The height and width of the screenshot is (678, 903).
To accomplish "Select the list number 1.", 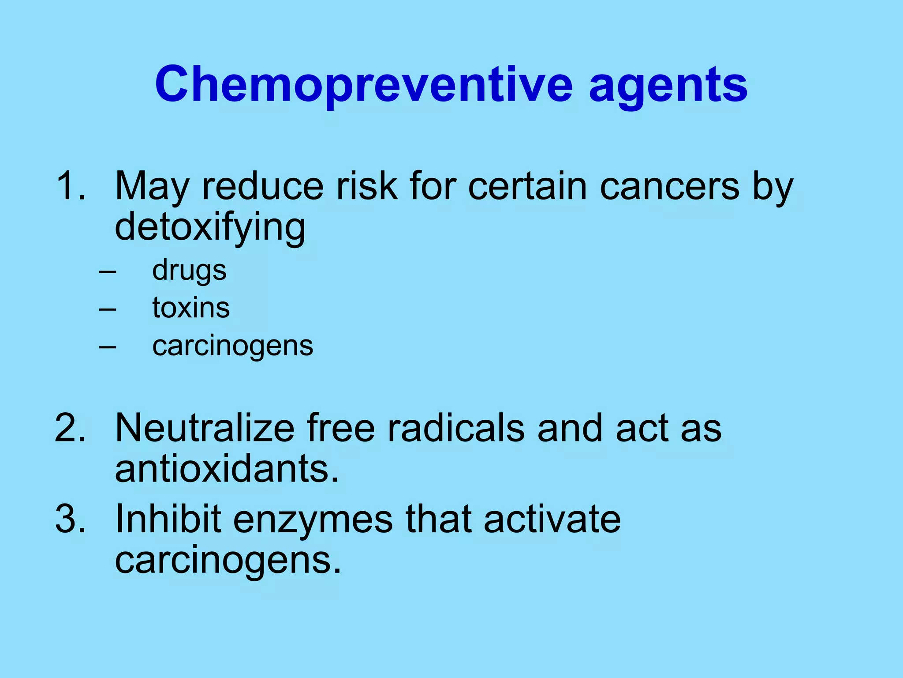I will pyautogui.click(x=70, y=186).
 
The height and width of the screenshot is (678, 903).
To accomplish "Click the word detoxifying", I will pyautogui.click(x=210, y=228).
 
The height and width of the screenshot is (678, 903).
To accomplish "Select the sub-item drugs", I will pyautogui.click(x=189, y=270).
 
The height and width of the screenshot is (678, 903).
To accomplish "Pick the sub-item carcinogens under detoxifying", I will pyautogui.click(x=232, y=346).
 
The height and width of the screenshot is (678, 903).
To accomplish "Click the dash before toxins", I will pyautogui.click(x=108, y=309).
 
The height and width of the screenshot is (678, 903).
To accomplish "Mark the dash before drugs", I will pyautogui.click(x=108, y=271).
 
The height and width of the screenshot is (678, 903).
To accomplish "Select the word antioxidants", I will pyautogui.click(x=226, y=468).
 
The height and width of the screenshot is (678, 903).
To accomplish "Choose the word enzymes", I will pyautogui.click(x=313, y=520).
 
